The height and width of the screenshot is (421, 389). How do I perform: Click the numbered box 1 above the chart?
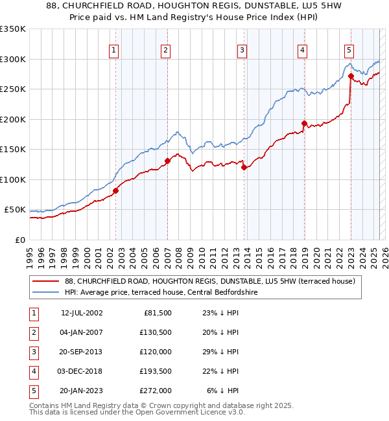click(x=114, y=50)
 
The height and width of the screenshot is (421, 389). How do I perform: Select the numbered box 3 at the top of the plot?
click(x=242, y=50)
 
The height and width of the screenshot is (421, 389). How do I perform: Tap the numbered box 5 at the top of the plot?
click(x=349, y=50)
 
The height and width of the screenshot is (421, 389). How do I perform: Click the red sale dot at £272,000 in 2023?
click(x=351, y=76)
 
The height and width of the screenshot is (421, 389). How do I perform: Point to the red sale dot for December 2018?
click(x=303, y=123)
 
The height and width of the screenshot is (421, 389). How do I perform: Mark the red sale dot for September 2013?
click(x=244, y=167)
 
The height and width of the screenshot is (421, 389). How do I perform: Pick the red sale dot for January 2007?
click(x=167, y=161)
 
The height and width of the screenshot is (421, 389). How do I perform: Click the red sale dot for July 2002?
click(x=116, y=190)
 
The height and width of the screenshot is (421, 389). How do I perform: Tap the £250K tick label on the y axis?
click(x=13, y=89)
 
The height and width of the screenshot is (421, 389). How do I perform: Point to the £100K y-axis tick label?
click(x=13, y=179)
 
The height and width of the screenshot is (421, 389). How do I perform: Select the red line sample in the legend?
click(x=46, y=282)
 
